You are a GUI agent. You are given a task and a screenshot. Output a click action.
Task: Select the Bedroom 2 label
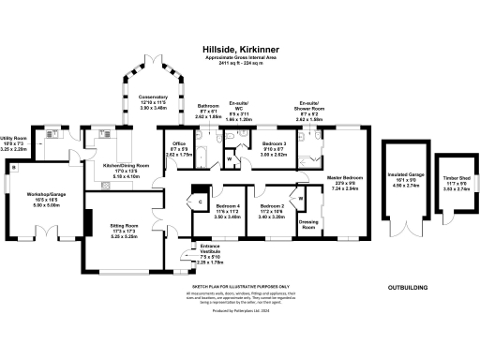point(272,209)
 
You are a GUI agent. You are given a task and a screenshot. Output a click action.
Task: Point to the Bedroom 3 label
point(274,149)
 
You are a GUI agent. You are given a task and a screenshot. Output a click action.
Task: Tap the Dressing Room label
point(308,224)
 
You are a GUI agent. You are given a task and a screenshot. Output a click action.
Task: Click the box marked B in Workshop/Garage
point(13,168)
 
